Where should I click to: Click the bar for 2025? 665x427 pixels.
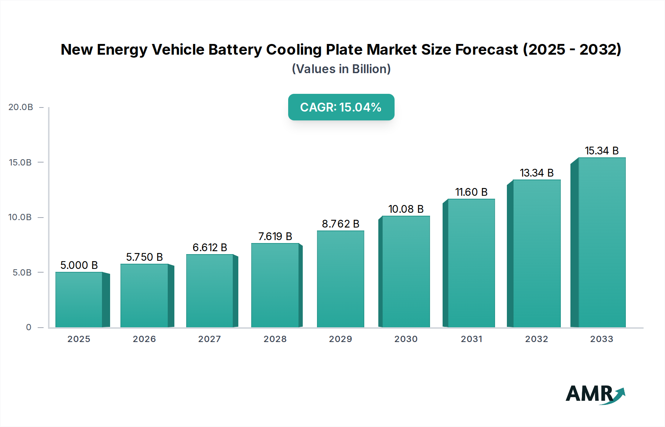tap(79, 300)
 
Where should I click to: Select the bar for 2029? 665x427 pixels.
tap(340, 279)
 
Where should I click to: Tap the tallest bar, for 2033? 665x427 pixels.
tap(601, 242)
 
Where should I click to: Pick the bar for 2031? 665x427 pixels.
tap(471, 263)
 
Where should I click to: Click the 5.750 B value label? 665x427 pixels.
tap(144, 257)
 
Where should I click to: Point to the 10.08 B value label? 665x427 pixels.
tap(406, 209)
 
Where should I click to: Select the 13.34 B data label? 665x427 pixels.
tap(536, 173)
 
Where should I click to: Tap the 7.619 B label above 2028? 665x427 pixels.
tap(275, 236)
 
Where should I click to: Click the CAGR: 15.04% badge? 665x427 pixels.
tap(341, 107)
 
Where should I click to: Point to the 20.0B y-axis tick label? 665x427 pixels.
tap(21, 107)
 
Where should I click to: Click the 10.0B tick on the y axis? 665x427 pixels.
tap(20, 217)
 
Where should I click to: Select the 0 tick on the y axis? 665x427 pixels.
tap(28, 327)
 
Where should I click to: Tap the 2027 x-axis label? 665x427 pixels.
tap(209, 339)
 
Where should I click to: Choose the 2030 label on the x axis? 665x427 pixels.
tap(406, 339)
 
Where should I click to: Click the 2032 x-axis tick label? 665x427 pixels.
tap(536, 339)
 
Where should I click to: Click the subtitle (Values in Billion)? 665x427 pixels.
tap(341, 69)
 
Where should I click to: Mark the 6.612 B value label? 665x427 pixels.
tap(209, 247)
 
